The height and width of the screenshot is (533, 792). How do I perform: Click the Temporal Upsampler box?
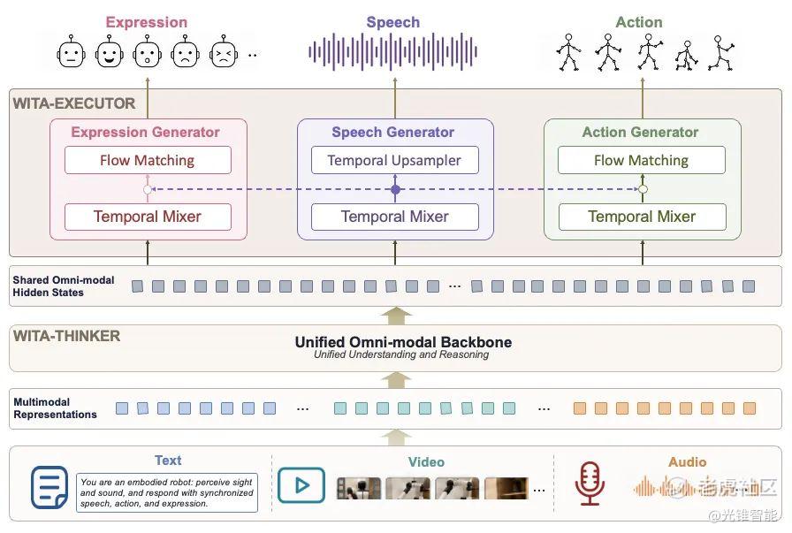[x=394, y=160]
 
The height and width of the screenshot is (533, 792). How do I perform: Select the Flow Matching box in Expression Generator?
[x=148, y=160]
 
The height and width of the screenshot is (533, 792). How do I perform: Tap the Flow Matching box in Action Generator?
[x=642, y=160]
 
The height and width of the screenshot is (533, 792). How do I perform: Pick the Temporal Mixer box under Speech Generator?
[x=394, y=217]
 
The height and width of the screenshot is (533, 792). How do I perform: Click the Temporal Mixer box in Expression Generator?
[x=148, y=217]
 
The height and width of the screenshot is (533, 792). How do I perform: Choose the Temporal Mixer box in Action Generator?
[x=642, y=217]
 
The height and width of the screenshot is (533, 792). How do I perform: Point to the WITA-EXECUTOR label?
[x=74, y=103]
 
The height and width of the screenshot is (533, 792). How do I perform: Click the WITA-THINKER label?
[x=66, y=336]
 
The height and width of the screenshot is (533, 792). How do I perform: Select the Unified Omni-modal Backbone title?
[x=403, y=342]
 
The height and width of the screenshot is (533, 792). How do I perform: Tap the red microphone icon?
[x=590, y=484]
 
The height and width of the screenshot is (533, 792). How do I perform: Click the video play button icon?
[x=301, y=485]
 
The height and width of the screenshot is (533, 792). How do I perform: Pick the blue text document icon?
[x=49, y=487]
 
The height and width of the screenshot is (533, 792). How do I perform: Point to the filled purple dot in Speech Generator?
[x=395, y=189]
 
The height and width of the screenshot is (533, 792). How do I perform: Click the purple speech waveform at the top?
[x=392, y=51]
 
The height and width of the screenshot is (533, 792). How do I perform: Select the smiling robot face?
[x=109, y=52]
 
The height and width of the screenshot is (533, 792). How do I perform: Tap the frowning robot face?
[x=186, y=52]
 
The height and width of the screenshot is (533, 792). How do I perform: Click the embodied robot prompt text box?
[x=167, y=492]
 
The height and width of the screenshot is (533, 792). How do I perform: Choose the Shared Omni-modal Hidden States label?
[x=64, y=286]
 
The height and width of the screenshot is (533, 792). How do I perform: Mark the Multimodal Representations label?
[x=55, y=408]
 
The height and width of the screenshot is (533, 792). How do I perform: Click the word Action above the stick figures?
[x=639, y=22]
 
